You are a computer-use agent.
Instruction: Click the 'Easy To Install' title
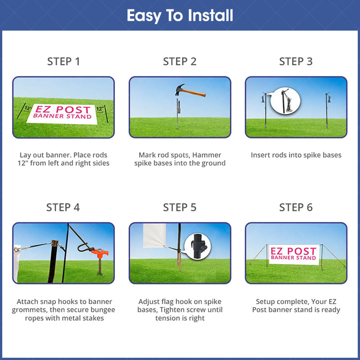tap(180, 16)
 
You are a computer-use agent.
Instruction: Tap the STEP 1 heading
tap(63, 62)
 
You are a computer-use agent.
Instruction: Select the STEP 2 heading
tap(180, 62)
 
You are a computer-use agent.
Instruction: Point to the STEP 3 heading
tap(296, 62)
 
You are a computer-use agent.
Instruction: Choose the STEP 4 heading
tap(63, 207)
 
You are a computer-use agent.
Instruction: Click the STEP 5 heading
tap(180, 207)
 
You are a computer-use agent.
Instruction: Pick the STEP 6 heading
tap(296, 207)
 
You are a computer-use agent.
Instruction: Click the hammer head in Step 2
tap(180, 89)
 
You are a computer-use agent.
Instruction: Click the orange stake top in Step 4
tap(100, 253)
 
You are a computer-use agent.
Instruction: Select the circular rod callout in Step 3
tap(285, 100)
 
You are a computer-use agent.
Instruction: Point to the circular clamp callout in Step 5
tap(198, 247)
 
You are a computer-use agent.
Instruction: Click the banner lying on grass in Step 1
tap(62, 114)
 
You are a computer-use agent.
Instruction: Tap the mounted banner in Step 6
tap(294, 254)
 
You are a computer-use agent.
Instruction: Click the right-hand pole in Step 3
tap(327, 110)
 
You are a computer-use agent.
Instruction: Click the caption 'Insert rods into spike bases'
tap(296, 155)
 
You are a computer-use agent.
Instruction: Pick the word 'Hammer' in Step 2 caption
tap(207, 155)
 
